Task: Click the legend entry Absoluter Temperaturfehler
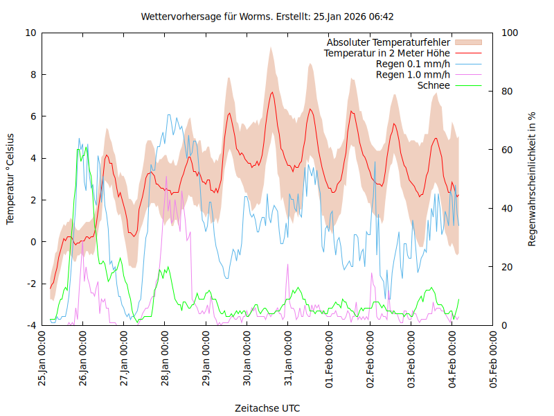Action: pos(388,42)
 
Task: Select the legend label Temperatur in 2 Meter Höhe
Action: pos(387,53)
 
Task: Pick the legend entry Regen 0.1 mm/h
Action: pos(413,64)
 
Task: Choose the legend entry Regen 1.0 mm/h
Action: pos(413,74)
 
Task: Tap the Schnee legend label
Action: pos(434,85)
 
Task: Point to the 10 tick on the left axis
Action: pos(31,33)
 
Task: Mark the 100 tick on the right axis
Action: pos(509,33)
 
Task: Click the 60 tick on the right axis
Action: pos(507,150)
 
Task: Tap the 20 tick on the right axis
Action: pos(507,267)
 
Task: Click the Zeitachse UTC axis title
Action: pos(267,408)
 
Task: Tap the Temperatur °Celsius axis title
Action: pos(10,178)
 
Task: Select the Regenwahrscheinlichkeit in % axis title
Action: pos(532,179)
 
